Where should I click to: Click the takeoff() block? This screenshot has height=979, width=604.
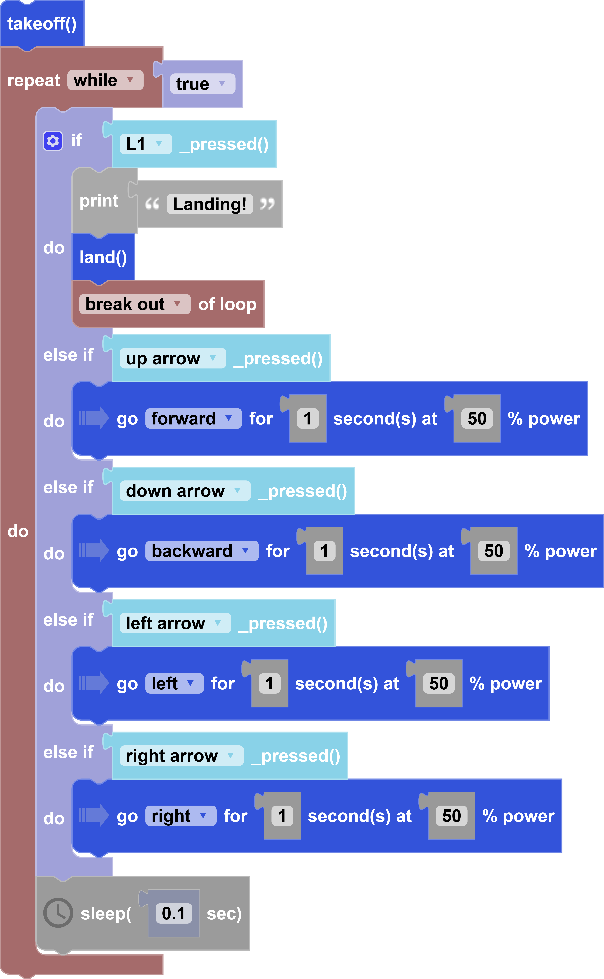point(42,24)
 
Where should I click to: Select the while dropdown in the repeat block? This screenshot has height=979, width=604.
point(105,80)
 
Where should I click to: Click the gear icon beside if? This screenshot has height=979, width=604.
point(53,141)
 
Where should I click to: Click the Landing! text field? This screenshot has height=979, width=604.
point(210,204)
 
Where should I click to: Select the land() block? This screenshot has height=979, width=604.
point(103,257)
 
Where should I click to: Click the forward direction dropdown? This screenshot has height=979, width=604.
point(193,419)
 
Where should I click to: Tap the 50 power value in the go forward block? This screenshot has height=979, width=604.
point(477,419)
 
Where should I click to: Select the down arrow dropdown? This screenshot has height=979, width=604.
point(185,491)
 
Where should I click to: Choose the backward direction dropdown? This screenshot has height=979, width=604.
point(202,551)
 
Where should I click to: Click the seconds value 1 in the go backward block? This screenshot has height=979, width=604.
point(324,551)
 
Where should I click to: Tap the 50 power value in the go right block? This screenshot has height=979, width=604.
point(451,816)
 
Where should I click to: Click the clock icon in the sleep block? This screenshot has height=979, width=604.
point(58,913)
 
